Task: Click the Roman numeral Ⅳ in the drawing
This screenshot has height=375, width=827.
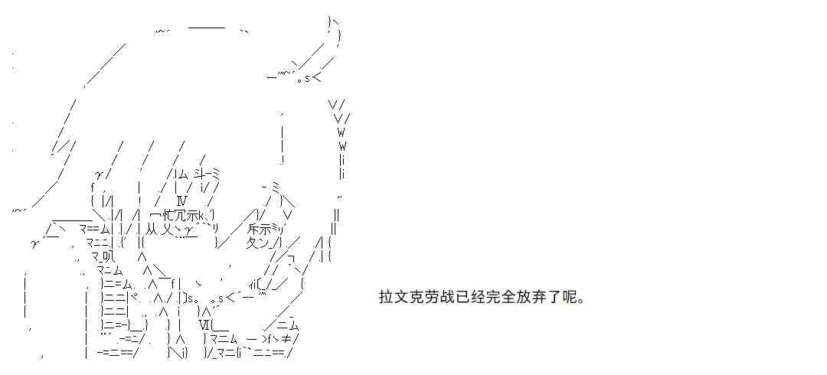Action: pos(182,201)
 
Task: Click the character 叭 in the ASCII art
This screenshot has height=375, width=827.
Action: pos(104,256)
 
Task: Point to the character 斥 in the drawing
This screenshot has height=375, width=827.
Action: pos(253,229)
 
